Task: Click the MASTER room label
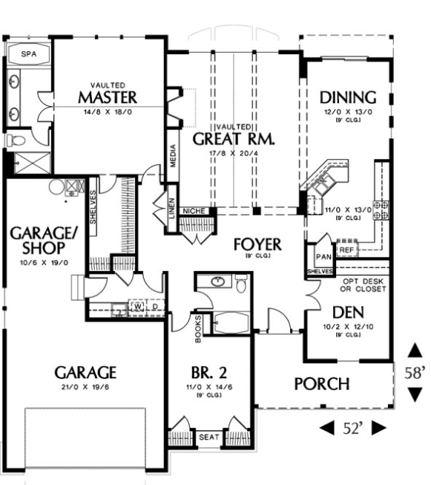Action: click(x=108, y=97)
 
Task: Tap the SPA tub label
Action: click(x=28, y=54)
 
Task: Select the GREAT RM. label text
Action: click(x=233, y=139)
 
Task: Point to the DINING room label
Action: click(x=349, y=97)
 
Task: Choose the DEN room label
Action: click(x=348, y=312)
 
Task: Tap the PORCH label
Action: click(x=322, y=383)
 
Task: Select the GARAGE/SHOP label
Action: click(x=36, y=242)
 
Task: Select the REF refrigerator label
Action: click(x=346, y=250)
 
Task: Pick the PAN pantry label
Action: click(x=322, y=258)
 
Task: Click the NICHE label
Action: click(x=199, y=211)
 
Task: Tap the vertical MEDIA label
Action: click(x=173, y=154)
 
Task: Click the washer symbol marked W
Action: click(x=137, y=306)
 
